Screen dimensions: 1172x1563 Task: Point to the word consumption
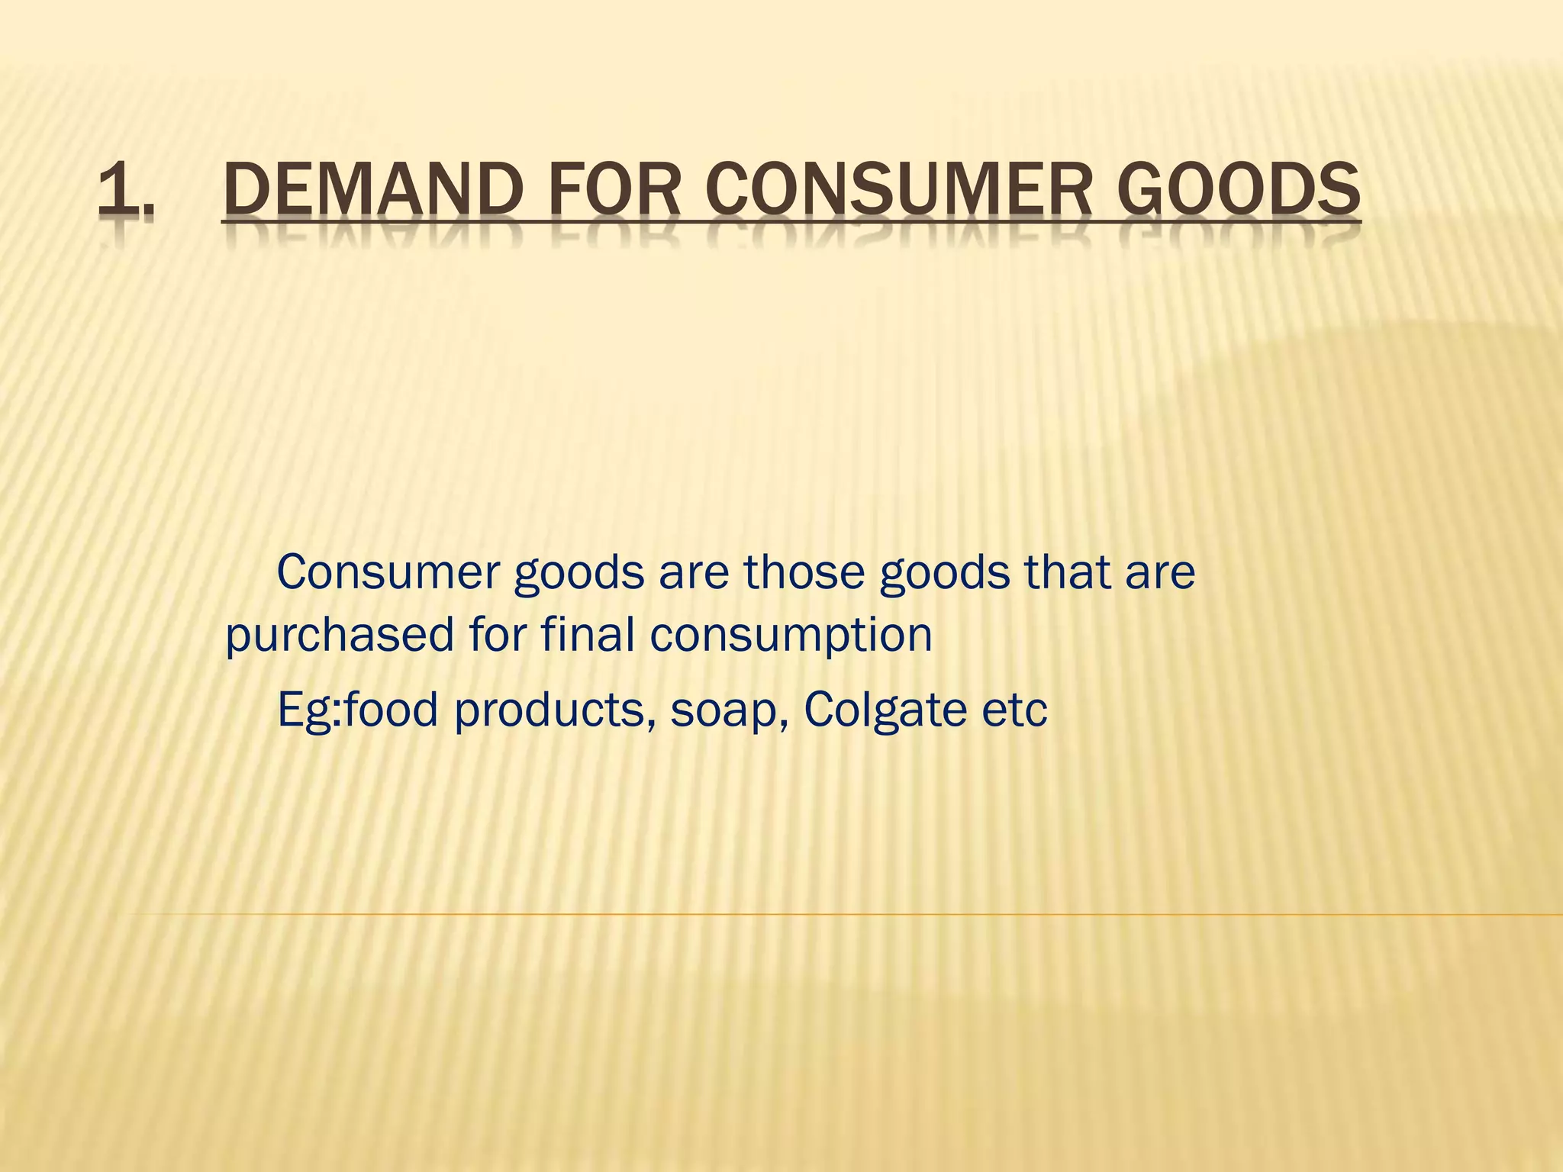791,635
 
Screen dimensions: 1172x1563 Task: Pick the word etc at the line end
1014,710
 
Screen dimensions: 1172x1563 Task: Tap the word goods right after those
945,574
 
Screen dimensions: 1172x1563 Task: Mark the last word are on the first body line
1159,573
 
